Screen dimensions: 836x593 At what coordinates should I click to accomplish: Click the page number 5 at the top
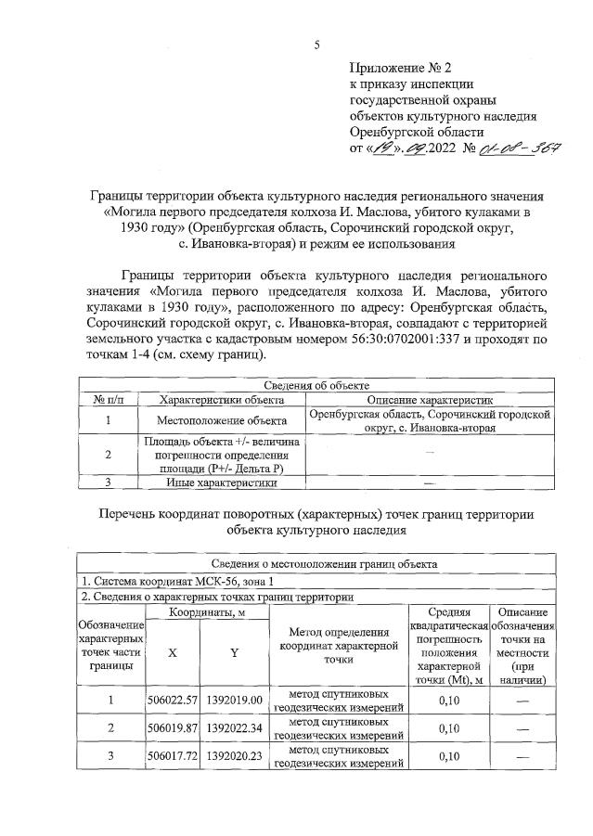coord(316,45)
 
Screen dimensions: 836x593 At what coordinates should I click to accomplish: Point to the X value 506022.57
coord(174,700)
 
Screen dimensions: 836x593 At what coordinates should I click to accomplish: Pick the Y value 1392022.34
coord(236,729)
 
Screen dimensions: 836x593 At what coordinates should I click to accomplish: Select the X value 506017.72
coord(174,757)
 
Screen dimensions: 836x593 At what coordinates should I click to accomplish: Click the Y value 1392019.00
coord(236,700)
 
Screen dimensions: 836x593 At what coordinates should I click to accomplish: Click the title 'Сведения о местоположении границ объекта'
coord(316,563)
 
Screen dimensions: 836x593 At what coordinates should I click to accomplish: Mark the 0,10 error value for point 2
coord(449,729)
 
